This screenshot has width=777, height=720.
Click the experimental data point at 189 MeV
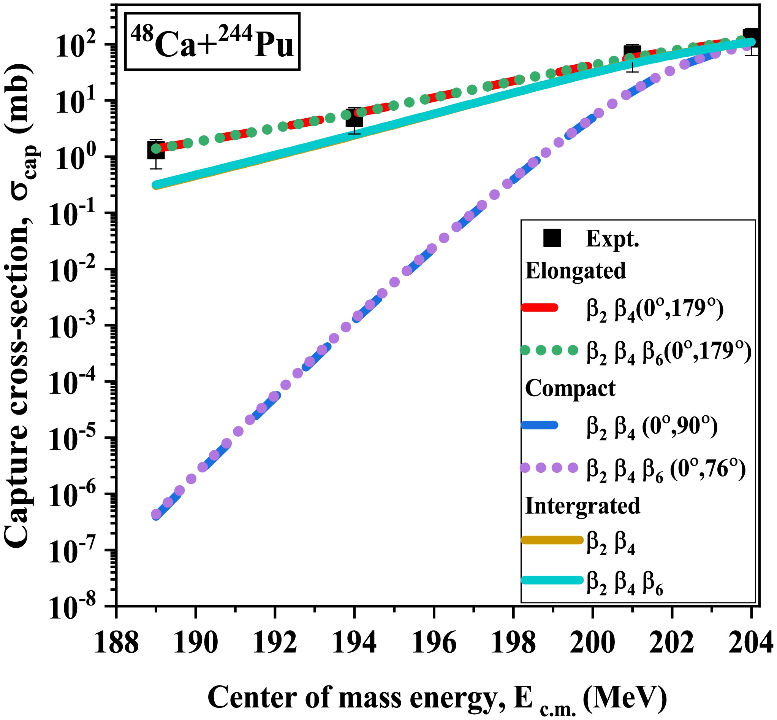[156, 150]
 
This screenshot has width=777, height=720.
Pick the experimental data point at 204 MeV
[751, 38]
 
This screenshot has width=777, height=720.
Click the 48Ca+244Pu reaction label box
[212, 42]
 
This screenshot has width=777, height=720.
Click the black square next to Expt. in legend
[552, 238]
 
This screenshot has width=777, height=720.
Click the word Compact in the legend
[570, 388]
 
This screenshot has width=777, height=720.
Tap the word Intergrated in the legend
[583, 506]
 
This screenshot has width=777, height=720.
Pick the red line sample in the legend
[540, 308]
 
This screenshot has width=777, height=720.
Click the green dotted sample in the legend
[549, 350]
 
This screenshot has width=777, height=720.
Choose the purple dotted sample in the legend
[549, 467]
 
